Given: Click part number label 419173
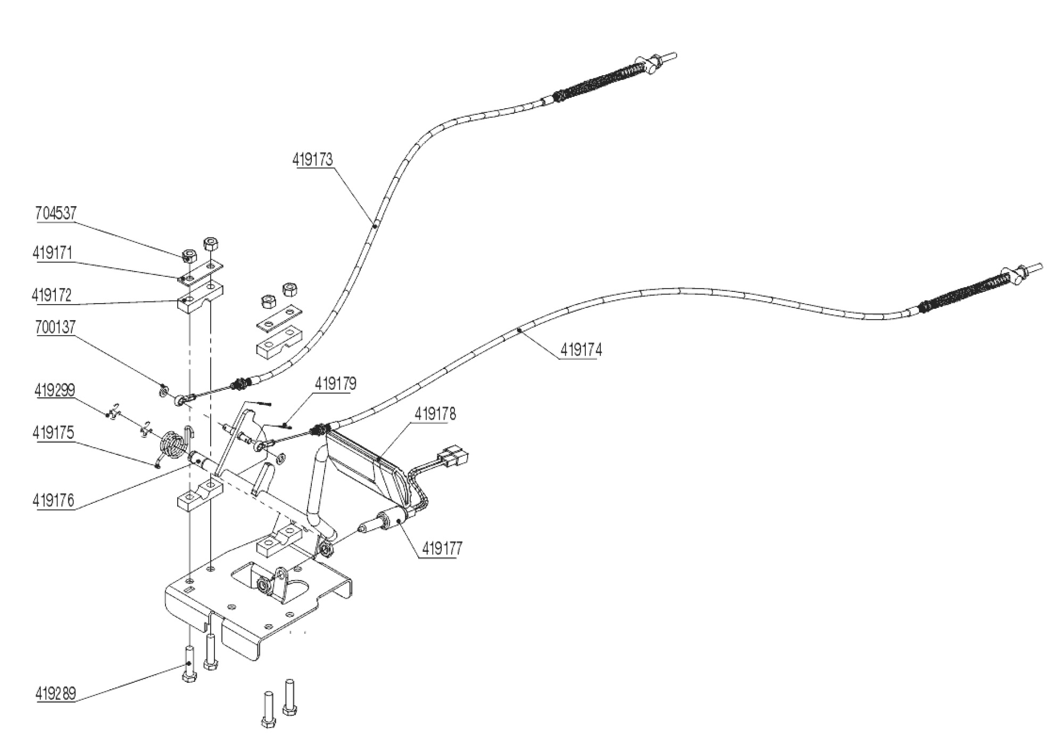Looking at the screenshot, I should (312, 159).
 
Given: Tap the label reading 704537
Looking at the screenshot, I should (56, 213).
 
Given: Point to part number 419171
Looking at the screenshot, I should (52, 252).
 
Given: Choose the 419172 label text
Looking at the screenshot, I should (52, 295).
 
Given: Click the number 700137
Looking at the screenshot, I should (56, 327).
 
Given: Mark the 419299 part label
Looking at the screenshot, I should (55, 390).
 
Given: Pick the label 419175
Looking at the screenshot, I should (53, 432).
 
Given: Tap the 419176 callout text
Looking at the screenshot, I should (54, 501).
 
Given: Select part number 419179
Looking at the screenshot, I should (336, 383).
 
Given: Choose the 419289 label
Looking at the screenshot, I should (56, 693).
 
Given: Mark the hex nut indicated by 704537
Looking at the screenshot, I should (188, 255).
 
